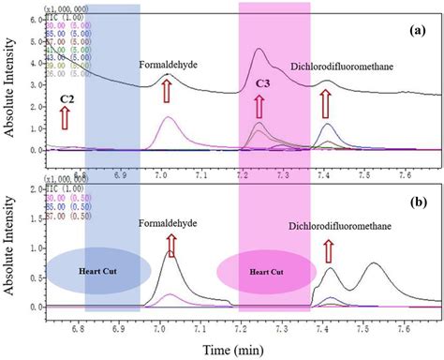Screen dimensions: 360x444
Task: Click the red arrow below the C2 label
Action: (66, 118)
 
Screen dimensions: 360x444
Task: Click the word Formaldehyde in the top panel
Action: (170, 65)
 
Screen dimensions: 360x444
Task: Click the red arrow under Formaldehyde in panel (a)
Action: (167, 92)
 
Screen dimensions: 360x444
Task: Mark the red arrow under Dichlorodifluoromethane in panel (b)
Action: (328, 250)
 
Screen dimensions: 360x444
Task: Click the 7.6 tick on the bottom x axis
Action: (403, 329)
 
